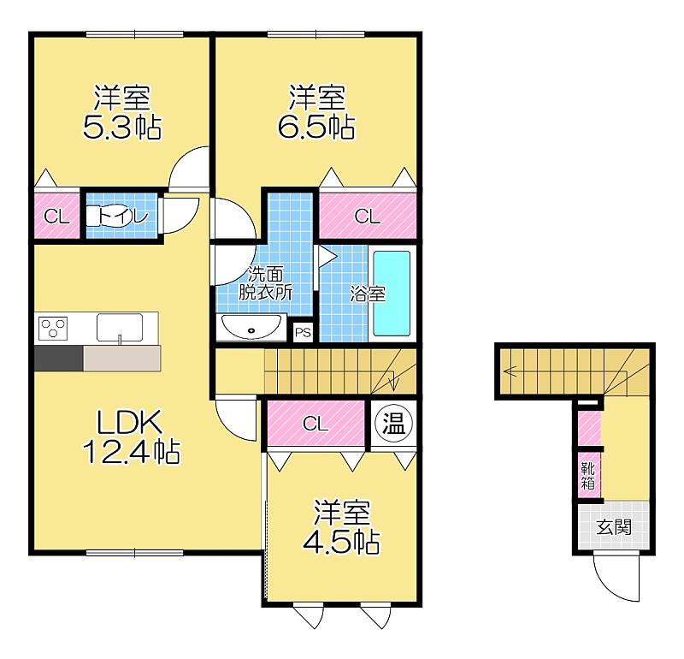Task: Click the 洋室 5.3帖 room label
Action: [x=122, y=112]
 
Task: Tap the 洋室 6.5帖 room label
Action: [x=316, y=112]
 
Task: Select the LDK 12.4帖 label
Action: [x=131, y=436]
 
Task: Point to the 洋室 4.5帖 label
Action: [x=341, y=527]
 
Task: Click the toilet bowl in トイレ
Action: [x=104, y=216]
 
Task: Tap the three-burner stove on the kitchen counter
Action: [x=53, y=328]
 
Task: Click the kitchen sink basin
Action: [x=120, y=327]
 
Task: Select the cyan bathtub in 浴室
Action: [x=392, y=294]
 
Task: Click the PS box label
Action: [x=303, y=333]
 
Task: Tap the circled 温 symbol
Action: [x=394, y=424]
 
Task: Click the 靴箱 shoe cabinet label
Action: [x=588, y=476]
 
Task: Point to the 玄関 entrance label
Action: [x=614, y=527]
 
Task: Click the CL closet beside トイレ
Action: [x=56, y=216]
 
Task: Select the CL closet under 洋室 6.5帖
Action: [x=368, y=216]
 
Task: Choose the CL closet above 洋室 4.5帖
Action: [x=315, y=423]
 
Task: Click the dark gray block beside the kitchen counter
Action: [x=58, y=359]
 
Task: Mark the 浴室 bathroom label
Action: [x=368, y=294]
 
